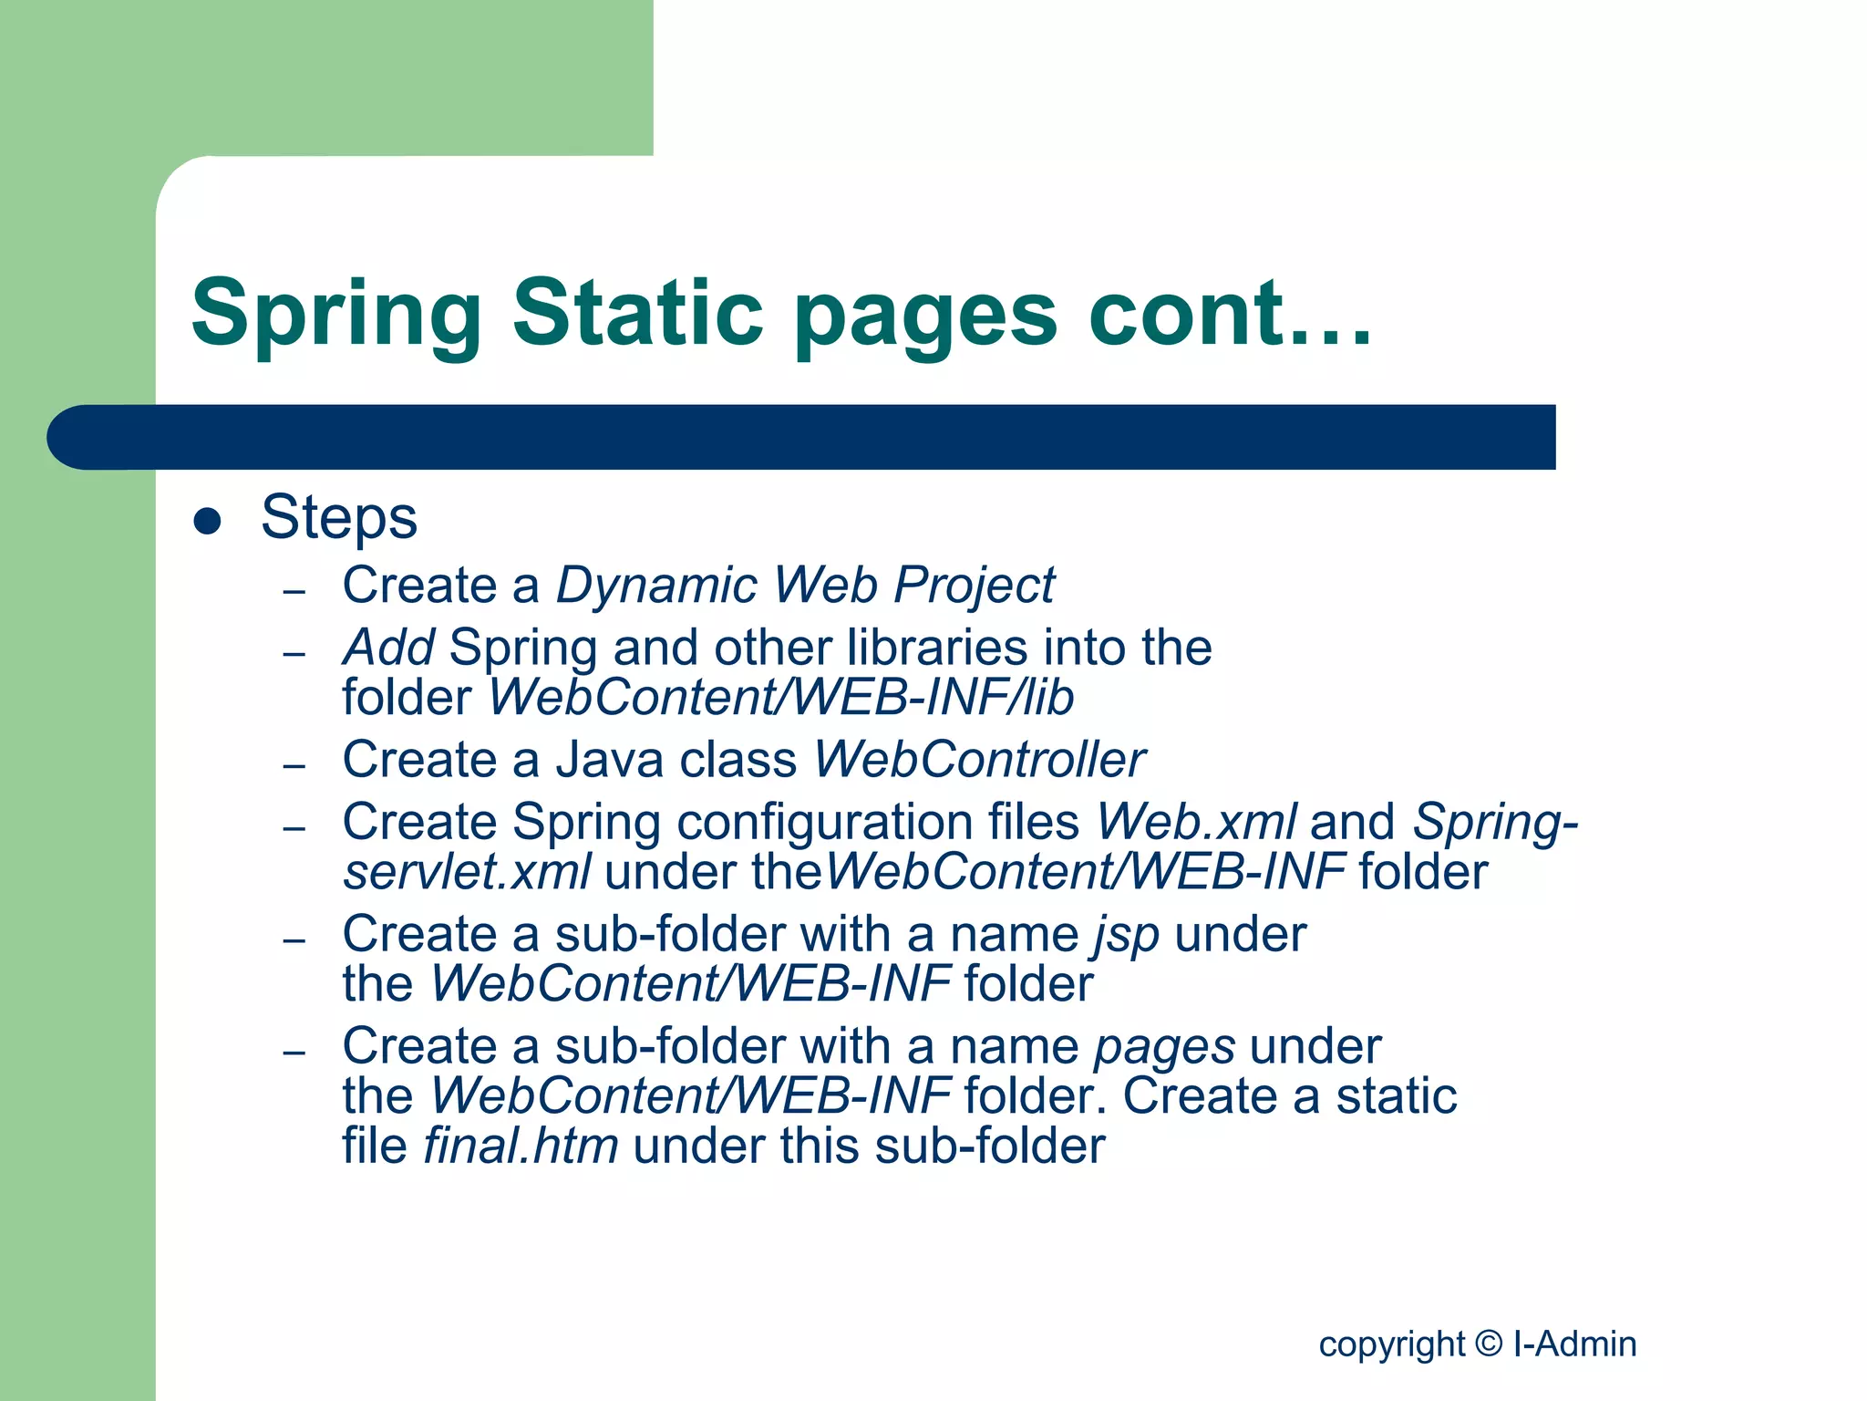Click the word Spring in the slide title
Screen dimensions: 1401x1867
(x=336, y=315)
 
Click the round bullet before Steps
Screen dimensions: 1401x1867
(x=208, y=521)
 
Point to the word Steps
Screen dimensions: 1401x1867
(x=339, y=518)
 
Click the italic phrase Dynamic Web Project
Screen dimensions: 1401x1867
(x=805, y=585)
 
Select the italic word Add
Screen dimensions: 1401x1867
(x=388, y=648)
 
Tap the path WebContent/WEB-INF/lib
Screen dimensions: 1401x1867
(x=781, y=698)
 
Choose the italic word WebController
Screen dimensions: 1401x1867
(x=979, y=760)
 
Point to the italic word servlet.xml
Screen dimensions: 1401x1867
(x=467, y=872)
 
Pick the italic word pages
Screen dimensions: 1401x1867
(x=1164, y=1047)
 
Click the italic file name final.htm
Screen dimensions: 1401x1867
(x=521, y=1146)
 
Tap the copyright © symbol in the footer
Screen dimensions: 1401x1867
(x=1489, y=1344)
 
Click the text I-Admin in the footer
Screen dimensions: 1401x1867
(x=1574, y=1344)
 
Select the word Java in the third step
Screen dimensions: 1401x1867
(x=609, y=760)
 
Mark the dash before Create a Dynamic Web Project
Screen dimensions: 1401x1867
(x=294, y=592)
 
